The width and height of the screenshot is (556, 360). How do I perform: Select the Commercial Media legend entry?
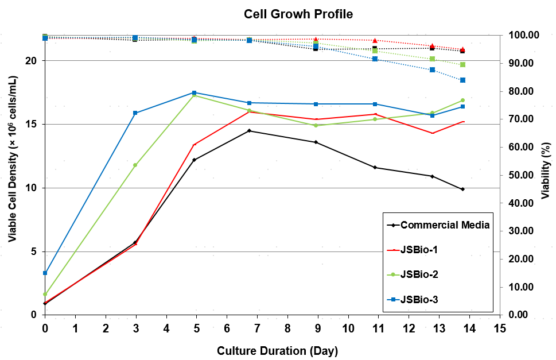point(445,225)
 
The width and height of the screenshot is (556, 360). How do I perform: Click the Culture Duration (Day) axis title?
point(277,350)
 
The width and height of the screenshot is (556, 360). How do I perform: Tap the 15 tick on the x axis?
point(500,328)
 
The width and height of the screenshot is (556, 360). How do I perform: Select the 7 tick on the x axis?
point(257,328)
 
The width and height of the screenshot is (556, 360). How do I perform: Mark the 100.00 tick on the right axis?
point(525,35)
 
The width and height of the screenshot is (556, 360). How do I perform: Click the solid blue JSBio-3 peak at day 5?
point(194,92)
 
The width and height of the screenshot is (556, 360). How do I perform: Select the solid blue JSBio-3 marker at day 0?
point(45,273)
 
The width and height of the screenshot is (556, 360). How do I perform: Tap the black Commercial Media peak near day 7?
point(249,131)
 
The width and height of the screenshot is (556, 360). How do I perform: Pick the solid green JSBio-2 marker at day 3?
point(135,165)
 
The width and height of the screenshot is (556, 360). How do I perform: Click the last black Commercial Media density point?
point(462,189)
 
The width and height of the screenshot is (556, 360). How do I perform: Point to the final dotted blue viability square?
point(462,80)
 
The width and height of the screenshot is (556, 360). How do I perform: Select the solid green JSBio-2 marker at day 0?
point(45,294)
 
